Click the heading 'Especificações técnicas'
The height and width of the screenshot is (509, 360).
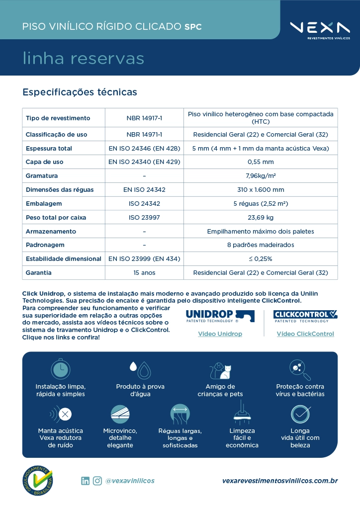coord(80,92)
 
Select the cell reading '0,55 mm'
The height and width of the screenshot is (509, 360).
coord(261,162)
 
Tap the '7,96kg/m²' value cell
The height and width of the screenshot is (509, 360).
coord(261,176)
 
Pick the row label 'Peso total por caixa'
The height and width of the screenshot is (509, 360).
coord(56,218)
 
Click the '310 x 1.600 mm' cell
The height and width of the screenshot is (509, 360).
coord(261,190)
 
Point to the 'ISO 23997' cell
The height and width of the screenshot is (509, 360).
coord(144,218)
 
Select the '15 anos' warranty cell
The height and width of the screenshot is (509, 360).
coord(144,273)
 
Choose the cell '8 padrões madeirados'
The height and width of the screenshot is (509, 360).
coord(261,245)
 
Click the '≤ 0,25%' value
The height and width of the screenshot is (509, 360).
coord(261,259)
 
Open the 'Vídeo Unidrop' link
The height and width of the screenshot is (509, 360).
coord(220,334)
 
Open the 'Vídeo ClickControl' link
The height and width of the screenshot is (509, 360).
coord(305,334)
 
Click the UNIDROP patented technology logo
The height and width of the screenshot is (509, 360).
coord(220,316)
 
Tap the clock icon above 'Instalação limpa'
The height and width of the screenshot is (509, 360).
coord(61,369)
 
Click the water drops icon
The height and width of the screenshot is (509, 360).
coord(140,369)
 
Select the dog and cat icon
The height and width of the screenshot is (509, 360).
coord(220,370)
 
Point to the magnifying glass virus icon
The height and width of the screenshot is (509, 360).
coord(300,369)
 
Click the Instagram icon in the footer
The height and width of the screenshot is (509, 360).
coord(97,481)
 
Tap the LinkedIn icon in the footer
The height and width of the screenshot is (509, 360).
coord(86,481)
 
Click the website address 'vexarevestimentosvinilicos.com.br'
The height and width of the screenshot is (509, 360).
coord(280,481)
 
